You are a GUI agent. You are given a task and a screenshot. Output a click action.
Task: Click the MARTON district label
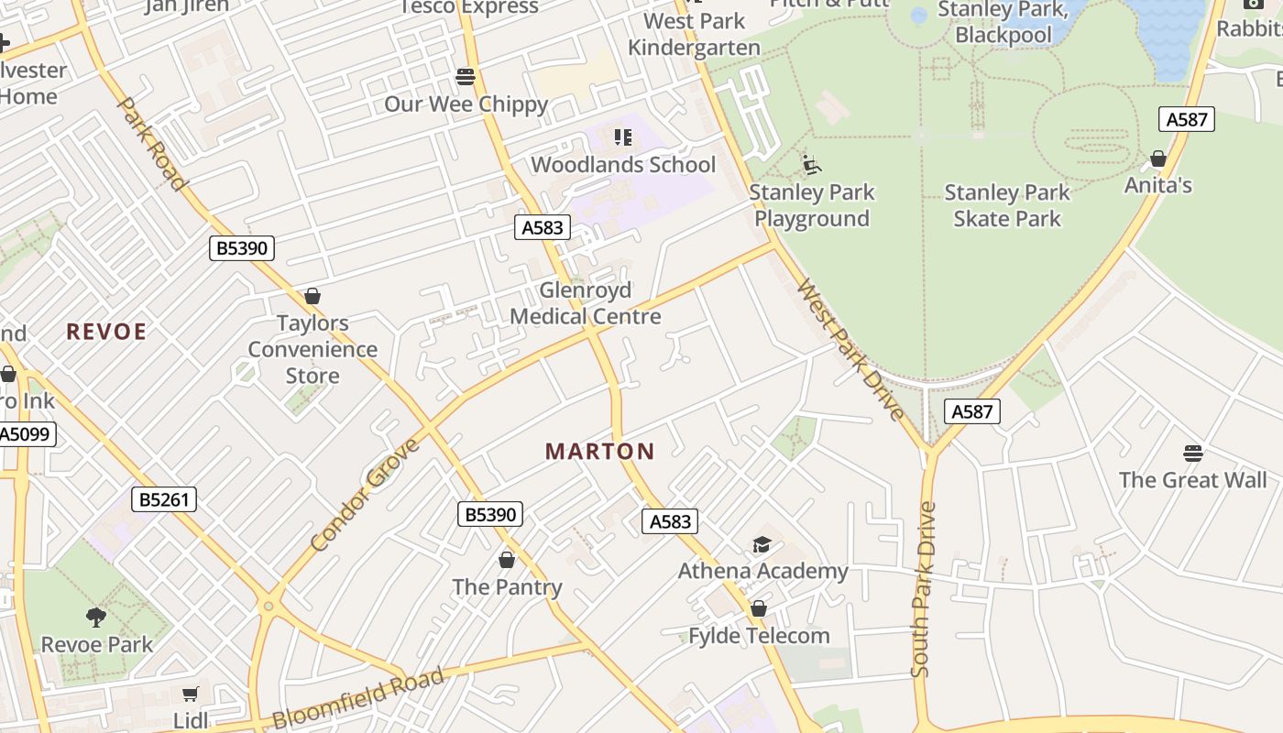tap(600, 451)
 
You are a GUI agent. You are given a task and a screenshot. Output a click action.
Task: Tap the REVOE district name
tap(106, 332)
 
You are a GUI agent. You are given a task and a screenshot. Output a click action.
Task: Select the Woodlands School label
tap(623, 165)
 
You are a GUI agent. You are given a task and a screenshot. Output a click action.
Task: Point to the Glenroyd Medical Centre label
tap(586, 303)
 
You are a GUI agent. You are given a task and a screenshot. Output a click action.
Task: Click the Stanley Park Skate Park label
tap(1006, 205)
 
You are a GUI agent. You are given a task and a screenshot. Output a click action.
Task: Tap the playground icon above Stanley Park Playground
tap(811, 164)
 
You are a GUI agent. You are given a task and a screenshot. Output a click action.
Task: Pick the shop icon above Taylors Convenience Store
tap(313, 296)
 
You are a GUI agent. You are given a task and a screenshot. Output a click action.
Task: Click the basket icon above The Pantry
tap(507, 559)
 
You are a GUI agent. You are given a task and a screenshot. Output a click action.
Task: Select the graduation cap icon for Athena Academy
tap(762, 545)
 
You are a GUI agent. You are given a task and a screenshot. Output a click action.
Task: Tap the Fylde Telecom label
tap(759, 636)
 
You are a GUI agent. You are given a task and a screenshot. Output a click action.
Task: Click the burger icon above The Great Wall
tap(1192, 453)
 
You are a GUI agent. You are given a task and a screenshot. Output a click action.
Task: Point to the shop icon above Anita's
tap(1158, 159)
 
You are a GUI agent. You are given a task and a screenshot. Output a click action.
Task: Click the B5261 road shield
tap(164, 499)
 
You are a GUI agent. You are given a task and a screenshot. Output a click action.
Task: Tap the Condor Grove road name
tap(365, 495)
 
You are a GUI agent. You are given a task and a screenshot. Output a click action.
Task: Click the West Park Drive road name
tap(850, 350)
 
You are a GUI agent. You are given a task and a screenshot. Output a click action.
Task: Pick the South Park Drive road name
tap(924, 589)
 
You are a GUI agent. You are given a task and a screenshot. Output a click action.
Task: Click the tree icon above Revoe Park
tap(96, 617)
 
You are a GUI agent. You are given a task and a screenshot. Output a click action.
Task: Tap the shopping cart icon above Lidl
tap(190, 694)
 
